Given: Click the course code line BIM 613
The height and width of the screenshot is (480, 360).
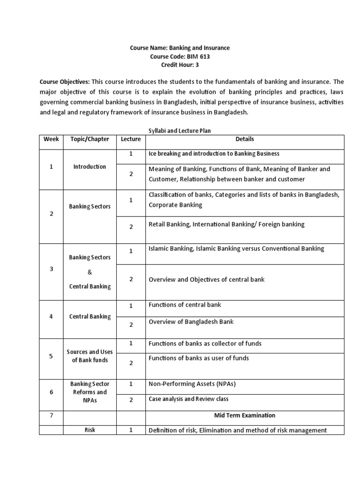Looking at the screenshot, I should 180,57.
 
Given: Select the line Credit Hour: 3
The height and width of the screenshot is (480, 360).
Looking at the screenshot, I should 180,65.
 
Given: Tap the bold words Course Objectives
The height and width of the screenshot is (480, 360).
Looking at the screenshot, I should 65,82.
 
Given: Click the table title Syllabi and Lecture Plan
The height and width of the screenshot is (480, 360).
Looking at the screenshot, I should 180,131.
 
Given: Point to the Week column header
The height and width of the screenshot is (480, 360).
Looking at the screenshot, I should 51,139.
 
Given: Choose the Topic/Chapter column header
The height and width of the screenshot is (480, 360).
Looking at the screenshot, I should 90,139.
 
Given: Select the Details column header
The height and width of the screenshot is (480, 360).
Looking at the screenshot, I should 245,139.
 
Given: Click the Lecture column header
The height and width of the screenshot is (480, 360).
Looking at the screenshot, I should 131,139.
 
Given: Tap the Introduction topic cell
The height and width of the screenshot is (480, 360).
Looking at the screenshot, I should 90,166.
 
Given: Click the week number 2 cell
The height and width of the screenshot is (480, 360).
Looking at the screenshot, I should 51,214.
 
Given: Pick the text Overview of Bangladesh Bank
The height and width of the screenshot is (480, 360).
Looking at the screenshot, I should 191,322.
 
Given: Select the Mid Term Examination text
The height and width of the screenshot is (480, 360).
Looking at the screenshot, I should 245,415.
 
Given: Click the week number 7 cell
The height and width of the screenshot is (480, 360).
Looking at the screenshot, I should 51,415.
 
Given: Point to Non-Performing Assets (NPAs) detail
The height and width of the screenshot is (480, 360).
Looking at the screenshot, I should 192,384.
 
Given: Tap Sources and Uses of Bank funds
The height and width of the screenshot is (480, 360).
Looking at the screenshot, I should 90,356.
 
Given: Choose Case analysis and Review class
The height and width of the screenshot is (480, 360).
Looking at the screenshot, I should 188,399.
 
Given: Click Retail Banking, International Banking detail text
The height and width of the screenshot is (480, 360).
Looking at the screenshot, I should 226,225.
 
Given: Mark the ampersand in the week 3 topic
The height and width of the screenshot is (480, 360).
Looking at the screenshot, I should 90,272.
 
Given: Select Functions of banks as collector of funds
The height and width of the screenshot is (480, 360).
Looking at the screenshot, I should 205,344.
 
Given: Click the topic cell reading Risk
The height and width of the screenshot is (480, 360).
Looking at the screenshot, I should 90,429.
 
